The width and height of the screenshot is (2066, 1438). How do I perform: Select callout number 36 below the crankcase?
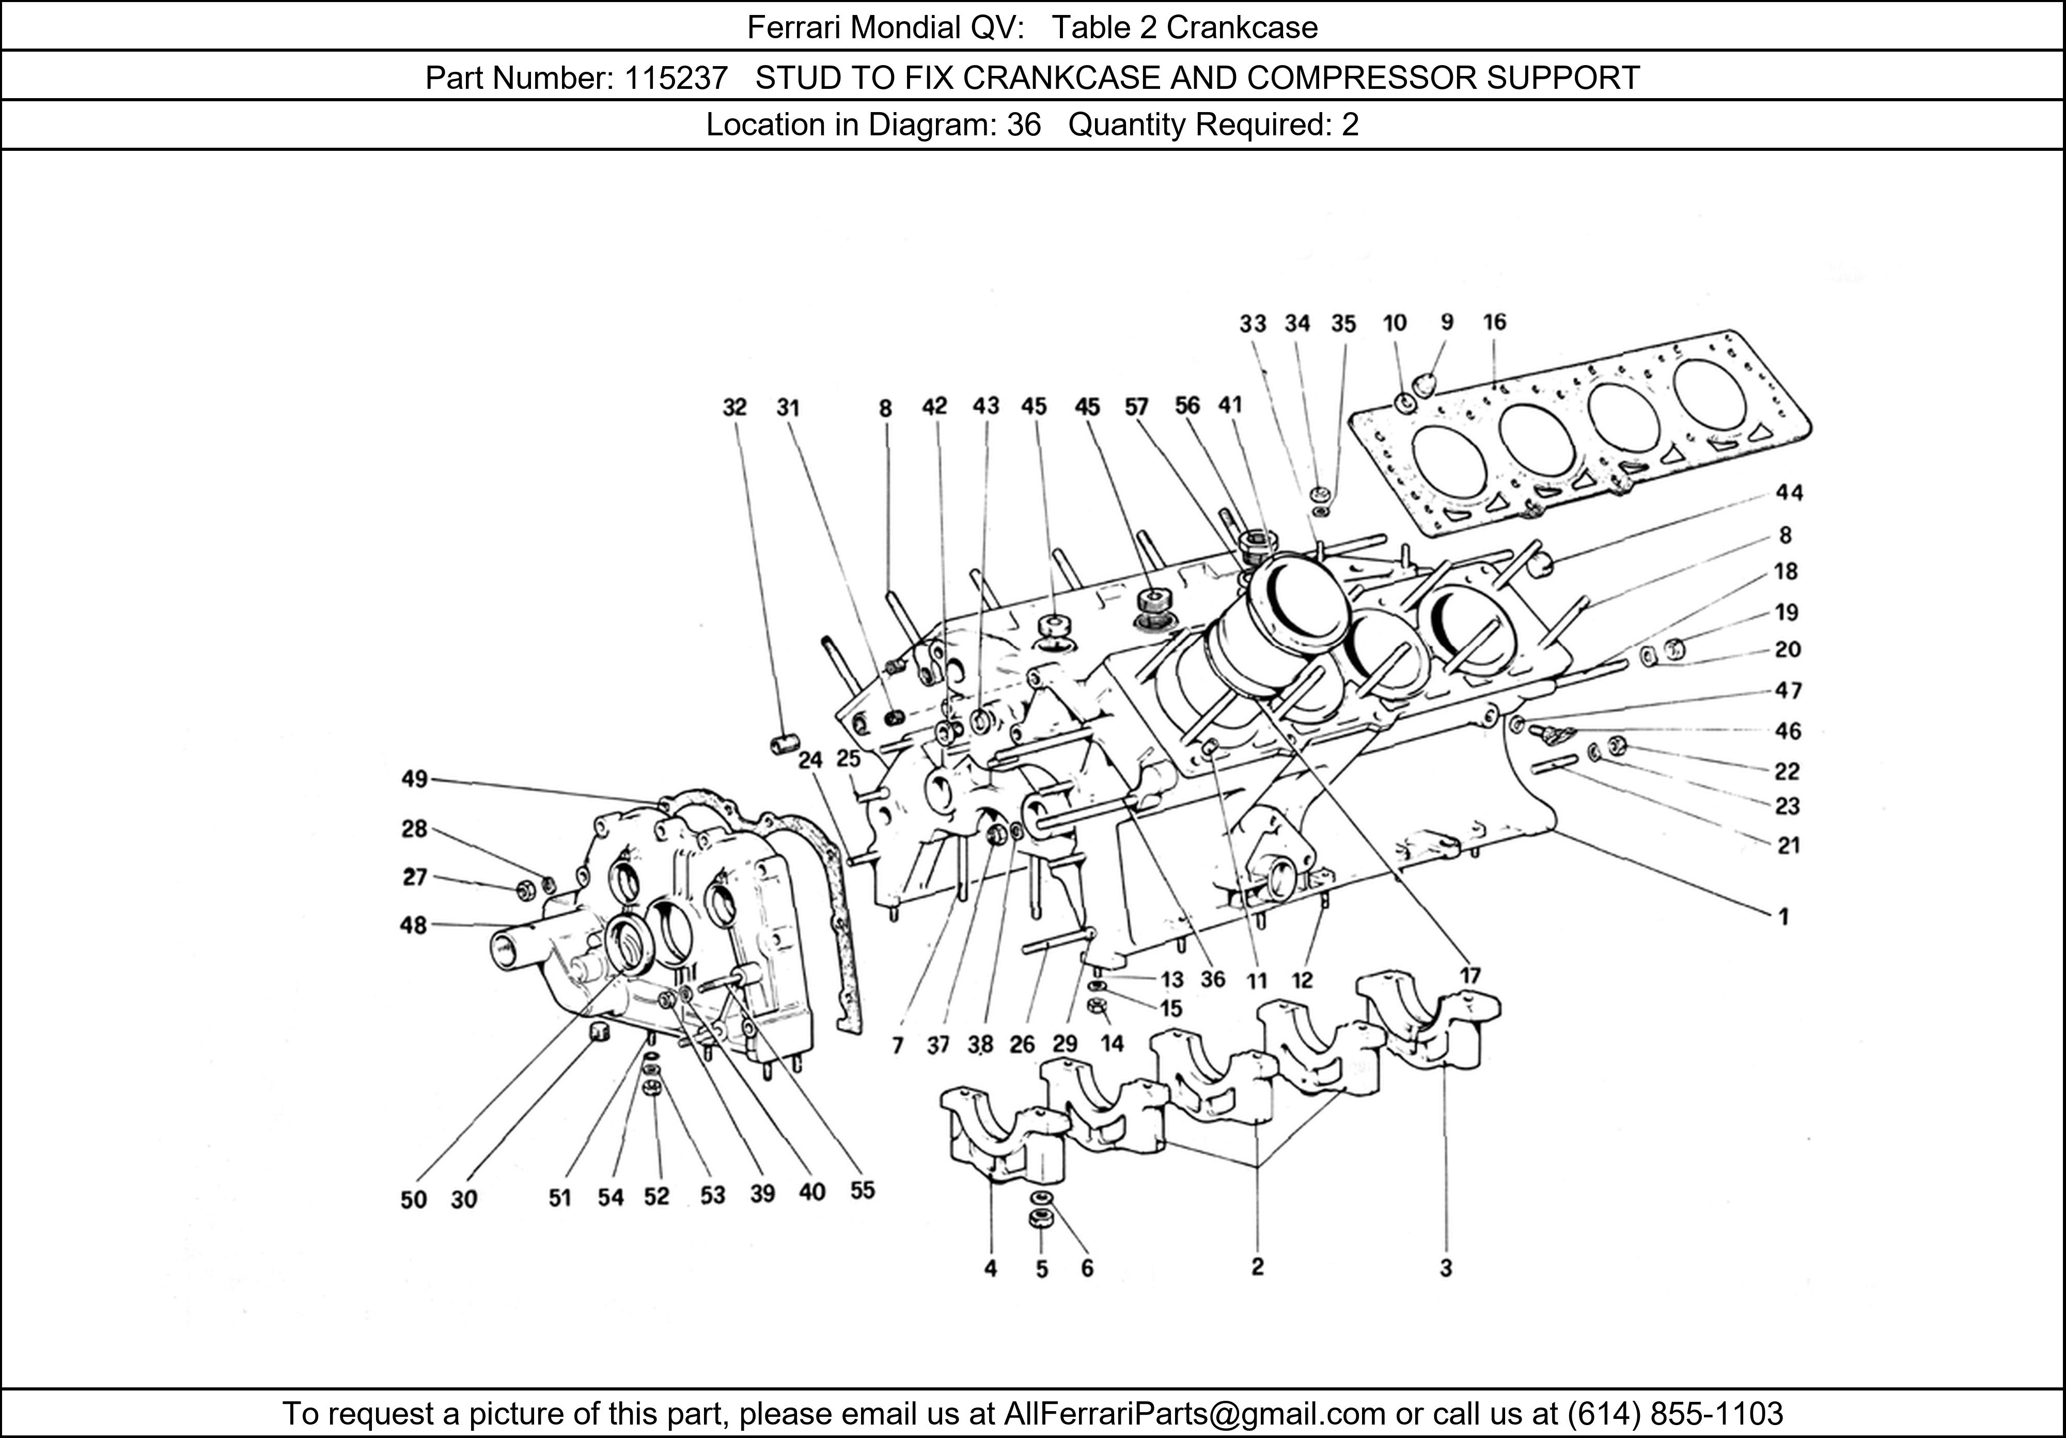tap(1213, 979)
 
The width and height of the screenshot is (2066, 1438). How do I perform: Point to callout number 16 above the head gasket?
tap(1494, 322)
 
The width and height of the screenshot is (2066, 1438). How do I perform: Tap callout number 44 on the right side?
tap(1789, 492)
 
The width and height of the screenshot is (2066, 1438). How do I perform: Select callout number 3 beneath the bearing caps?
tap(1445, 1268)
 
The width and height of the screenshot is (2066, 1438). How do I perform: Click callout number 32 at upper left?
tap(734, 408)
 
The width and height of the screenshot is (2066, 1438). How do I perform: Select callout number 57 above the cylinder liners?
tap(1136, 407)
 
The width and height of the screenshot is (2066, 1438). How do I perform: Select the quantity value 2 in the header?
tap(1350, 124)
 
